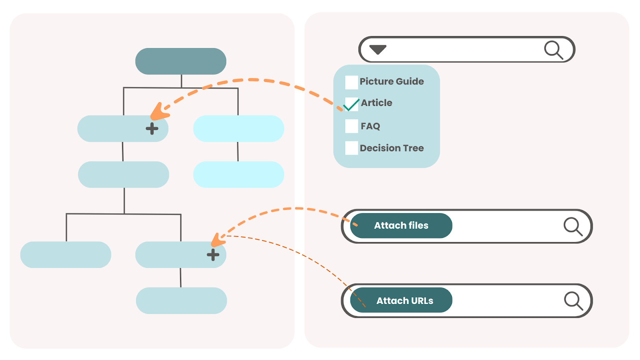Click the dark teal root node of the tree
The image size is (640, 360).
[181, 61]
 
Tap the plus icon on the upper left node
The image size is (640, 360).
[152, 128]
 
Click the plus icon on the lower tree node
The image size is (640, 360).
[213, 254]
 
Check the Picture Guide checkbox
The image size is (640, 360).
[351, 82]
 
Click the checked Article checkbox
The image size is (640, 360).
[351, 104]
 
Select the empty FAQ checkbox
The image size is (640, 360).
[351, 126]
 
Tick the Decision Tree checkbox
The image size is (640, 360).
[351, 148]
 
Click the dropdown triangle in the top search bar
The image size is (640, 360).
[378, 50]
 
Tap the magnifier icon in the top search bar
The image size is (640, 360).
[554, 50]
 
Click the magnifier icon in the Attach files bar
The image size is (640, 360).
[573, 226]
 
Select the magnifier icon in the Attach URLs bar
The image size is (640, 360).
[573, 301]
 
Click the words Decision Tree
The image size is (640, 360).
[392, 148]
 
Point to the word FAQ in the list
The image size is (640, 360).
[370, 126]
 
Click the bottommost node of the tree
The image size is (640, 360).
[181, 300]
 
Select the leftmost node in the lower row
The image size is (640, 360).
[66, 254]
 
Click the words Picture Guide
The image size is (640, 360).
[392, 82]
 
